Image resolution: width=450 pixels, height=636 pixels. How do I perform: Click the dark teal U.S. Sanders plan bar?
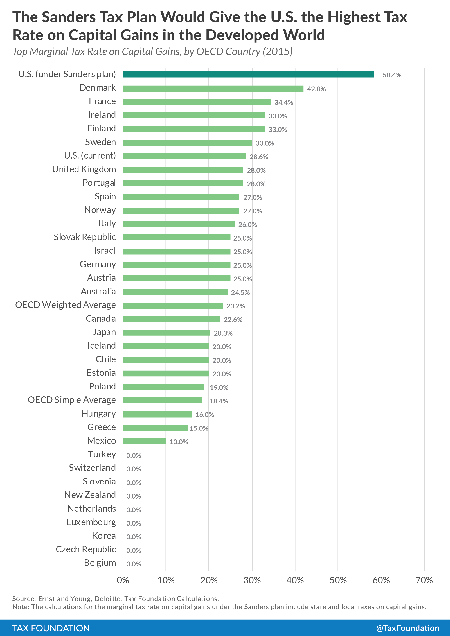click(248, 75)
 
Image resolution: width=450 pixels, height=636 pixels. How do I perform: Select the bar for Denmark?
click(213, 88)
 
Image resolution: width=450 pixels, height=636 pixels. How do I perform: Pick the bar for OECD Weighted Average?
click(173, 306)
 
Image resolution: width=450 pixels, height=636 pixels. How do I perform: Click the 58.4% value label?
click(392, 75)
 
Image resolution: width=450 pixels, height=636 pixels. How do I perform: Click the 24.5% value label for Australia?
click(240, 292)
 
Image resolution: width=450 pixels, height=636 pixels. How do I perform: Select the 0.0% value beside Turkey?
click(134, 455)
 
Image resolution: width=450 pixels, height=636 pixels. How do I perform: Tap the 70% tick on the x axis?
click(424, 580)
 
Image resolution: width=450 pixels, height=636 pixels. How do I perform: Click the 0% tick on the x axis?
click(123, 580)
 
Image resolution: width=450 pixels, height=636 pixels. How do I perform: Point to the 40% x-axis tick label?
click(295, 580)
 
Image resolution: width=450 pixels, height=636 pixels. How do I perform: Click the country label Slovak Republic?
click(85, 237)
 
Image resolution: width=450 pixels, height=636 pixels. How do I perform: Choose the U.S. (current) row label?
click(90, 156)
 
